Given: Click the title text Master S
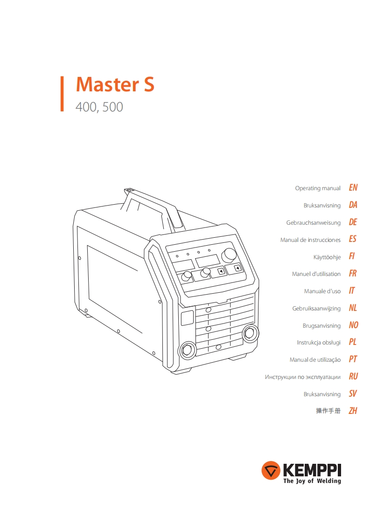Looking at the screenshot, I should (x=115, y=85).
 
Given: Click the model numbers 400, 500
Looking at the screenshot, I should (x=99, y=107).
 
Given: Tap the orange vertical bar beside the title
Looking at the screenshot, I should (x=62, y=94).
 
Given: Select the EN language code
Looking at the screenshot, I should (x=353, y=188).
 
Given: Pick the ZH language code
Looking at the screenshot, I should (x=353, y=411).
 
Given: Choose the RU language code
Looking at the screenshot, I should (x=353, y=377).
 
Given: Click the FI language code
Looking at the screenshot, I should (x=352, y=257).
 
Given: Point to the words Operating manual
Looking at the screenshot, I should (x=318, y=188).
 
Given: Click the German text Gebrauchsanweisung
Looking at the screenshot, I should (x=313, y=223).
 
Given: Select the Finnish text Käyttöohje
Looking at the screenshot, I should (x=327, y=257).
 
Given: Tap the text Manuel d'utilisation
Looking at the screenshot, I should (x=316, y=274).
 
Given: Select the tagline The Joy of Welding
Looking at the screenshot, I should (x=312, y=481).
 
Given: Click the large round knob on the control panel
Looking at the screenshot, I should (x=229, y=255).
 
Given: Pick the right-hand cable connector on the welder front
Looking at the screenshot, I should (x=250, y=333).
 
